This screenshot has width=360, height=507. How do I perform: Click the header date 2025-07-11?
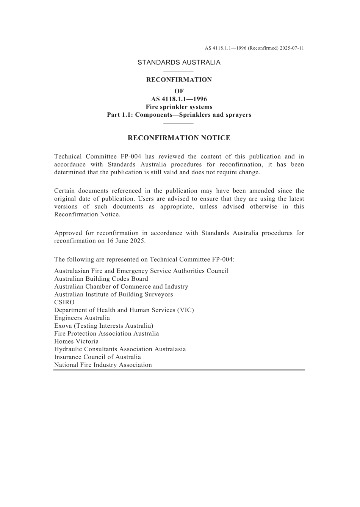pos(292,48)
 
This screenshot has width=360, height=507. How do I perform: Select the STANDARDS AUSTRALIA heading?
pos(179,63)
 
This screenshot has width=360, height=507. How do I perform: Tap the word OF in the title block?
pos(179,91)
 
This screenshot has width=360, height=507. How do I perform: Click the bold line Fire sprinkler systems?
pos(179,107)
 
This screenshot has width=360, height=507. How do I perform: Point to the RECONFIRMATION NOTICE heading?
pos(179,138)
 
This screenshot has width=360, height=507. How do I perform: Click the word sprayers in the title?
pos(238,115)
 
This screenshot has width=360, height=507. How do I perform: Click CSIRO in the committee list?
pos(64,302)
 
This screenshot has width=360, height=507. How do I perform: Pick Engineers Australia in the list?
pos(82,318)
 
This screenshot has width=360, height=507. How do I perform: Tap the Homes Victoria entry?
pos(76,341)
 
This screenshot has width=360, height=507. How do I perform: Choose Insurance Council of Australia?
pos(97,357)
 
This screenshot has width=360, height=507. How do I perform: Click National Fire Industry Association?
pos(103,365)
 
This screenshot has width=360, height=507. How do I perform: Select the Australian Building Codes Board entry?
pos(101,279)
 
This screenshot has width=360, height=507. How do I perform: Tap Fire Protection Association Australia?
pos(106,333)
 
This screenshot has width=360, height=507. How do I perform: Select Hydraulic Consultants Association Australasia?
pos(120,349)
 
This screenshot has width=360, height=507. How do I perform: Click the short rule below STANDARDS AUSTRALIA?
pos(178,72)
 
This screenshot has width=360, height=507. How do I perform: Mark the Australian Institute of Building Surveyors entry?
pos(113,294)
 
